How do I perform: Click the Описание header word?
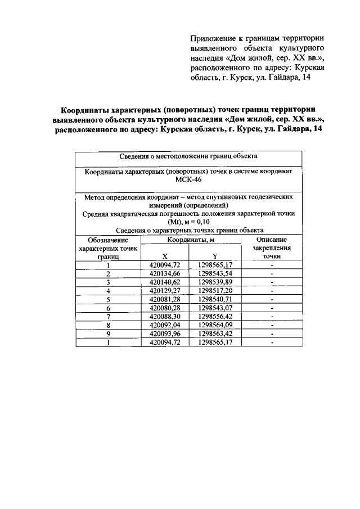tap(271, 239)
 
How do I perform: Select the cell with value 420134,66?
tap(164, 273)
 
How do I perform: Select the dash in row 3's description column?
tap(271, 282)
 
